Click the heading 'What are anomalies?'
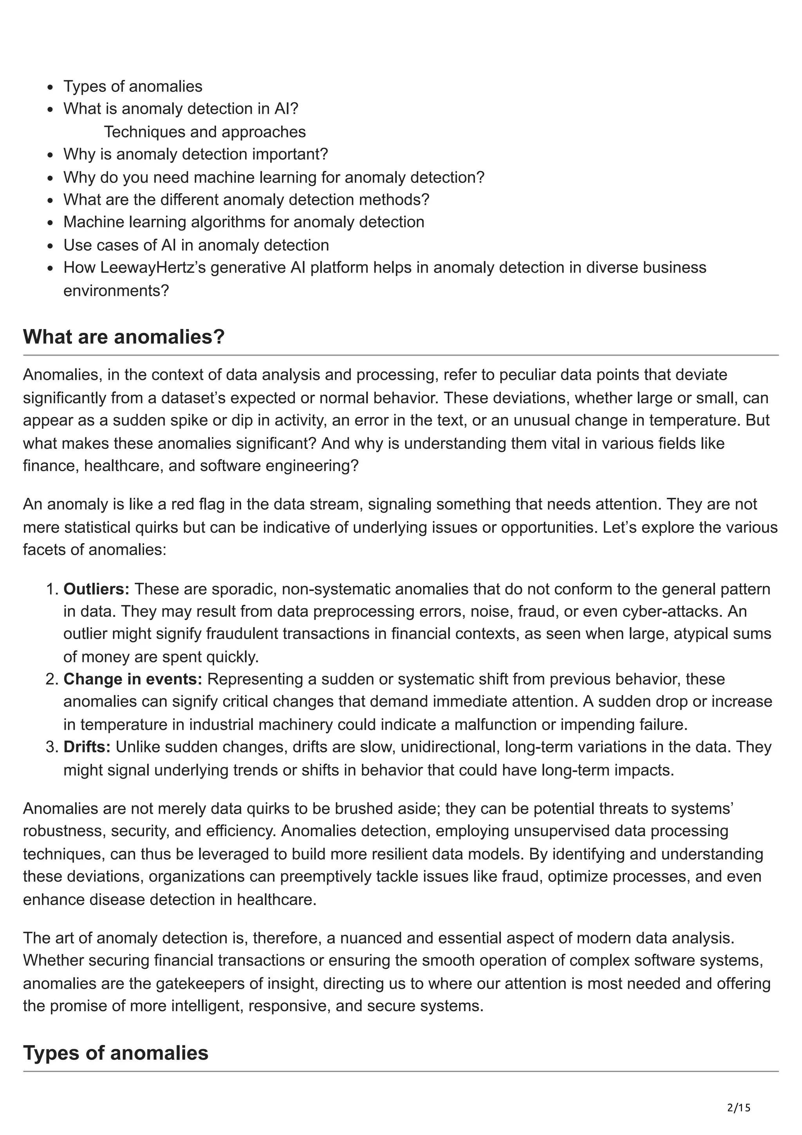click(x=123, y=337)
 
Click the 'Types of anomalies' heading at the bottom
click(x=116, y=1052)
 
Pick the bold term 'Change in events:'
click(x=133, y=679)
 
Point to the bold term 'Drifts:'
click(x=87, y=746)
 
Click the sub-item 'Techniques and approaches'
click(x=204, y=132)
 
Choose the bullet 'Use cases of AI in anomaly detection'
click(x=196, y=245)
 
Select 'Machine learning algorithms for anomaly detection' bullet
click(x=244, y=222)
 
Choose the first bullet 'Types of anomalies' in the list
click(x=132, y=87)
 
